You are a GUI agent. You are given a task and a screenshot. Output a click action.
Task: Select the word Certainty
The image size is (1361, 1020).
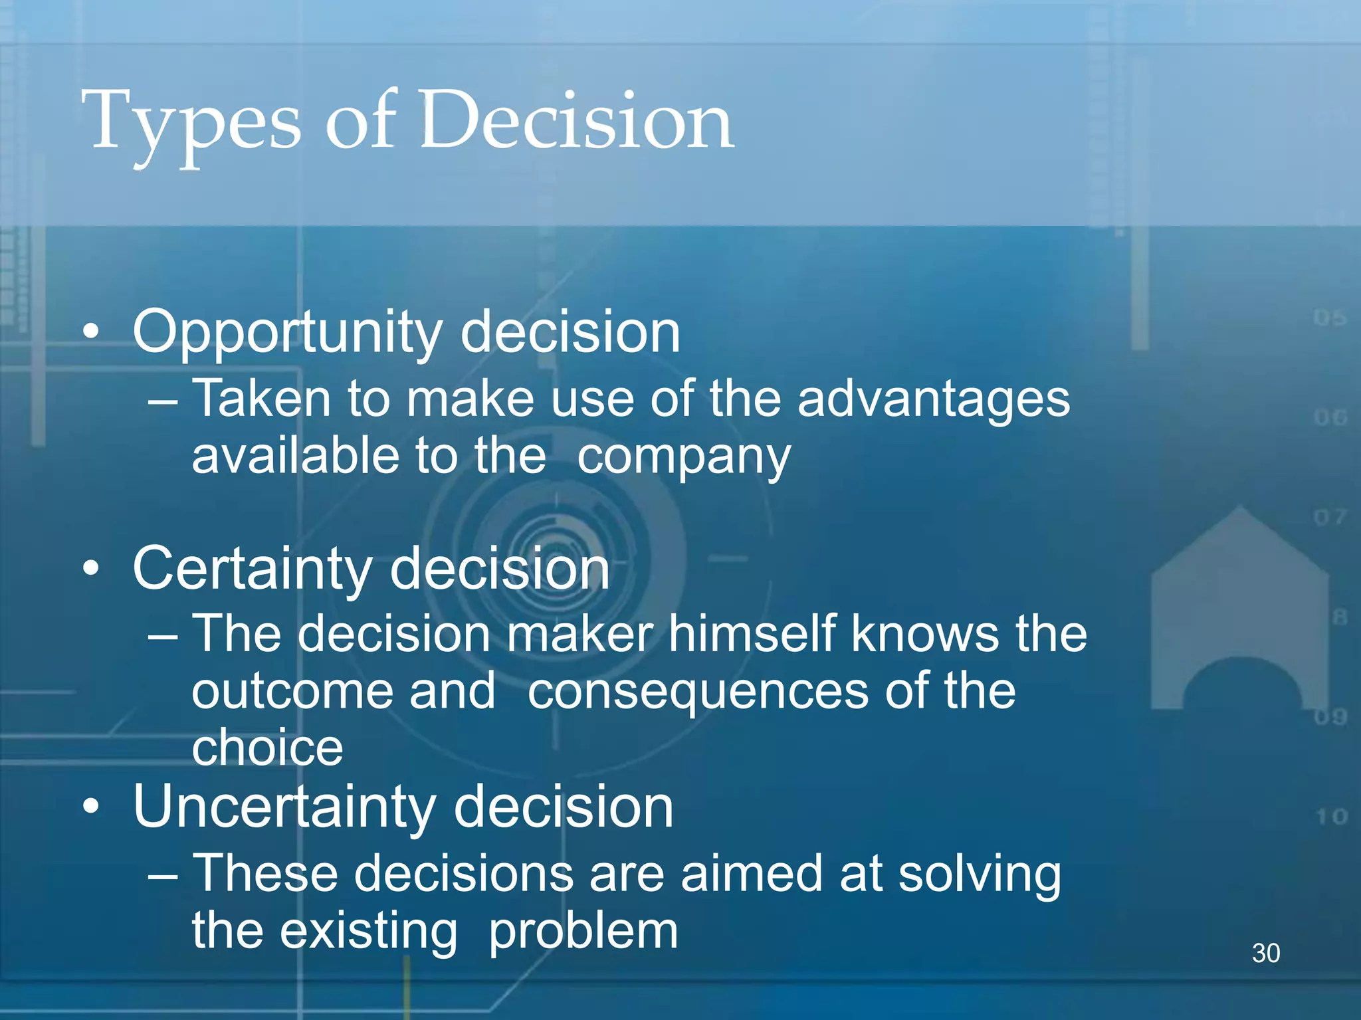[253, 569]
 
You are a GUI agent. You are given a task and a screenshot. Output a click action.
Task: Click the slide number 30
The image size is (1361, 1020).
[1265, 953]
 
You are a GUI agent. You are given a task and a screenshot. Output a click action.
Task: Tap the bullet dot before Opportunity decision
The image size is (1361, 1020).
[91, 331]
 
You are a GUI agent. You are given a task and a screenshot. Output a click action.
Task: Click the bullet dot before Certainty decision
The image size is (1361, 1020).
[91, 568]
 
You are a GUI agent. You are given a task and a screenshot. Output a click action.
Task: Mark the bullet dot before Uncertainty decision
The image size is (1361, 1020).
[91, 806]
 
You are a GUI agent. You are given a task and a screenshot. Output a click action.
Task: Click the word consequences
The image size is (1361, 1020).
[698, 691]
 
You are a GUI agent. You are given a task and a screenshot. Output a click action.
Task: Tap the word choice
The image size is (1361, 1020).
[267, 748]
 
